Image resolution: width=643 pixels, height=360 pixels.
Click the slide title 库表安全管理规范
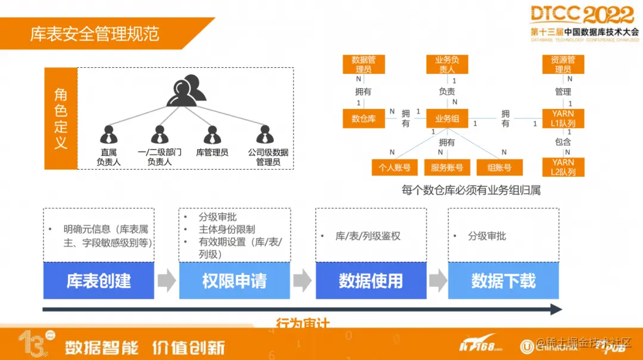(x=95, y=33)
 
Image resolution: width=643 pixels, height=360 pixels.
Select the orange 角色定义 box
(x=61, y=118)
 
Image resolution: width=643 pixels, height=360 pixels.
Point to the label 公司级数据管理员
(x=268, y=157)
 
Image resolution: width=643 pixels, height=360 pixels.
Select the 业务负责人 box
(x=447, y=64)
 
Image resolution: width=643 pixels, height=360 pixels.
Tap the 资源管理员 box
(x=563, y=64)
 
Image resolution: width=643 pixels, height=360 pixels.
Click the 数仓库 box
(x=363, y=118)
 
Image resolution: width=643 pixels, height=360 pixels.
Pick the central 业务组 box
(x=447, y=118)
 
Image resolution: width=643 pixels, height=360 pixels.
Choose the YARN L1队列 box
(x=563, y=118)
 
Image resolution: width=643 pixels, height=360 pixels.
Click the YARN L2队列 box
(x=563, y=167)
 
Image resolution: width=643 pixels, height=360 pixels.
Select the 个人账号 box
(x=395, y=168)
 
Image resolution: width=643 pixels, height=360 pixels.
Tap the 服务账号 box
(x=447, y=168)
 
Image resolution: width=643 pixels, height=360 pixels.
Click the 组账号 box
(x=499, y=168)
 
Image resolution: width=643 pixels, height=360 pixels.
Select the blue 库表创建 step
(x=99, y=280)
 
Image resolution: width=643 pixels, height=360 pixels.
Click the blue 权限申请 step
(x=235, y=280)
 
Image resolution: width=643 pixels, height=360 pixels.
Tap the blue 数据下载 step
(x=503, y=280)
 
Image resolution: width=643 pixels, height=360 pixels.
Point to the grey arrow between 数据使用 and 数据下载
(x=438, y=280)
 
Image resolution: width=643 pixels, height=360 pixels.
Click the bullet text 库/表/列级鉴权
(x=368, y=236)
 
